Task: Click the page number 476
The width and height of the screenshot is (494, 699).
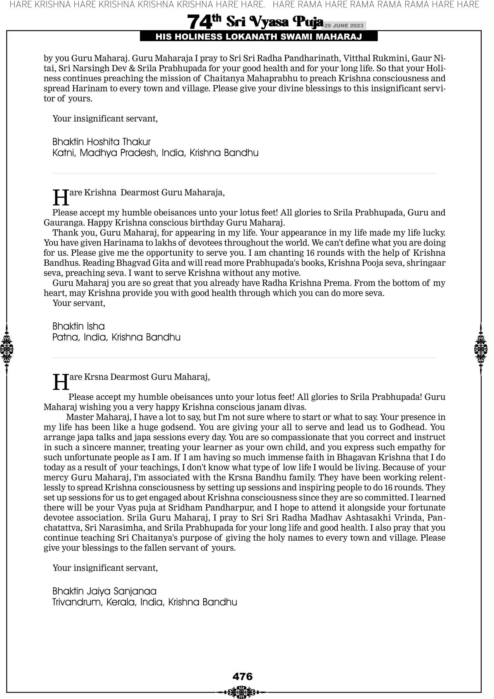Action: pos(243,677)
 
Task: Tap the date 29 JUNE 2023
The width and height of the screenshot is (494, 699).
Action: pos(343,26)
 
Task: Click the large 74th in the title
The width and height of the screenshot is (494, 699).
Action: pos(204,22)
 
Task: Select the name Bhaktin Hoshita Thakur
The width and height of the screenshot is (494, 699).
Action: pos(101,142)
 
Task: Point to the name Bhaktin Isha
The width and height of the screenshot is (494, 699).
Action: pos(78,326)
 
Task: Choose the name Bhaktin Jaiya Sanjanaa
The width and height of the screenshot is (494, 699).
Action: pos(104,591)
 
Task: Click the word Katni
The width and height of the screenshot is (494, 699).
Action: pos(63,153)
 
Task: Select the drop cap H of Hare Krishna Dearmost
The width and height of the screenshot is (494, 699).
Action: pos(61,197)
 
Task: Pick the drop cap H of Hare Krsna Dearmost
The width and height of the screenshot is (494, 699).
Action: pos(61,382)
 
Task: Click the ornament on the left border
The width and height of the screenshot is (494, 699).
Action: pos(7,349)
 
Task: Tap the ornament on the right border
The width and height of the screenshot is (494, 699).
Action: pos(481,349)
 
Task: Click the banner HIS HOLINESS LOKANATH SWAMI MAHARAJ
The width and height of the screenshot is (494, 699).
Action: pos(259,37)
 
